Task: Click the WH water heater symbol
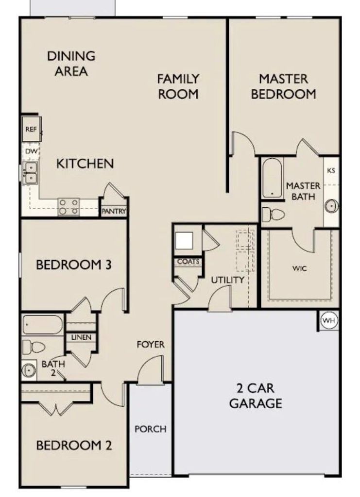coord(328,321)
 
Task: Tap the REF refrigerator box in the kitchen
coord(32,129)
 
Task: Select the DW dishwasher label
coord(32,151)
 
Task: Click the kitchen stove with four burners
coord(69,207)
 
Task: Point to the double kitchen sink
coord(31,172)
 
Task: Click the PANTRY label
coord(114,211)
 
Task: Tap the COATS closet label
coord(189,262)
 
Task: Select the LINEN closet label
coord(81,338)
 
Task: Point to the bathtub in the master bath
coord(272,179)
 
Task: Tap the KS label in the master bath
coord(331,170)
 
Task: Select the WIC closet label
coord(299,269)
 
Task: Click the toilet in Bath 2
coord(34,347)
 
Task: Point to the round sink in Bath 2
coord(29,370)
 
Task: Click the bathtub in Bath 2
coord(43,325)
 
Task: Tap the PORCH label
coord(150,429)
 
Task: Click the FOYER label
coord(151,345)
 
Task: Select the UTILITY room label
coord(228,280)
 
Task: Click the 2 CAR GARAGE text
coord(256,396)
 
